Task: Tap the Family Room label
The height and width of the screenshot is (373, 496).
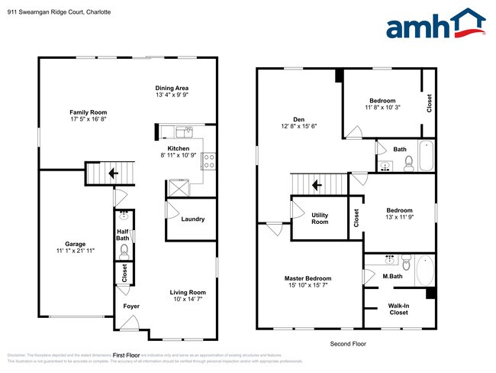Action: click(x=88, y=112)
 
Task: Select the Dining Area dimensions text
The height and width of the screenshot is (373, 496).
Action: click(x=172, y=96)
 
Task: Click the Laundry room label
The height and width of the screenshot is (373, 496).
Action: click(x=192, y=219)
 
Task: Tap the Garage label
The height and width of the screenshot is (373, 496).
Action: click(x=74, y=245)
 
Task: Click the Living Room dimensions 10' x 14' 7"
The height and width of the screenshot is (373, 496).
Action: click(x=187, y=300)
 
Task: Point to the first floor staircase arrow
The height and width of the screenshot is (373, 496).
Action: click(x=113, y=174)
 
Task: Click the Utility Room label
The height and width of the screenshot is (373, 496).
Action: click(x=320, y=219)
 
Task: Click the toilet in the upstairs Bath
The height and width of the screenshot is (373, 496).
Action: click(x=408, y=163)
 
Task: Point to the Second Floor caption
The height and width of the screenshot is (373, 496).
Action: click(x=347, y=344)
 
